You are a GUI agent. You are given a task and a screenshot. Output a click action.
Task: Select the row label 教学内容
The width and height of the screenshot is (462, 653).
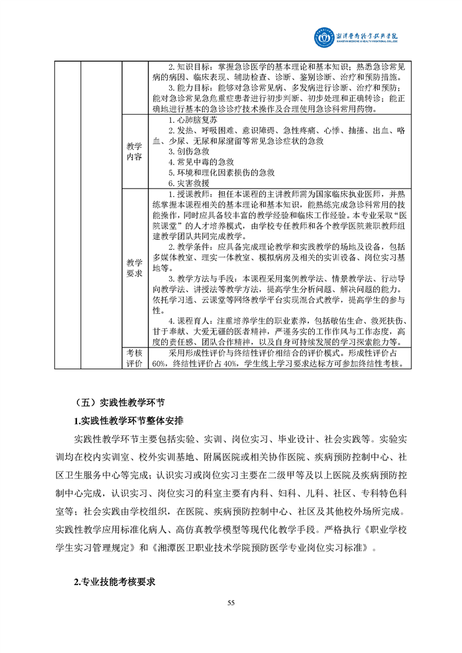click(134, 151)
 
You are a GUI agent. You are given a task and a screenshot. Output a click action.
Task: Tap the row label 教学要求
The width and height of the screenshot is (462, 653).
click(134, 267)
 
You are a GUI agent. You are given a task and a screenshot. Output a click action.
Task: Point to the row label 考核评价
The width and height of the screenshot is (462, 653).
click(134, 358)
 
